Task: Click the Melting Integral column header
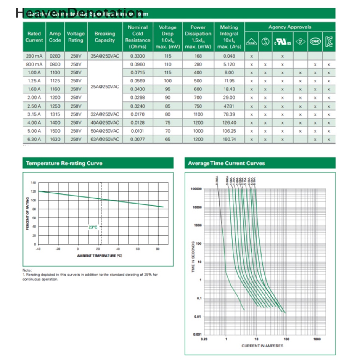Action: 229,37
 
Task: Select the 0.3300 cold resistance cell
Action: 137,56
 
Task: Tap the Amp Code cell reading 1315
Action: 54,114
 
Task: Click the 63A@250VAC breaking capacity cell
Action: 104,139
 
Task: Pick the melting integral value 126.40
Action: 229,123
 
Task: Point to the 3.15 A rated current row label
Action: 34,114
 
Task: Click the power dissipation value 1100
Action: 198,114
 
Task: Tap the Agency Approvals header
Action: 290,27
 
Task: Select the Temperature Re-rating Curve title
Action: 64,163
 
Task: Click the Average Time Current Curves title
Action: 226,163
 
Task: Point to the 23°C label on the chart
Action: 92,227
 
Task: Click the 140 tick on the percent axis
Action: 33,183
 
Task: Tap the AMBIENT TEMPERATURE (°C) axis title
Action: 99,256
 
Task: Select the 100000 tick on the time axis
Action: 196,189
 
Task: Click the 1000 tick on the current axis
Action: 317,339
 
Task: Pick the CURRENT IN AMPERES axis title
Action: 262,346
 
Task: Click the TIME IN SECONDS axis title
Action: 193,256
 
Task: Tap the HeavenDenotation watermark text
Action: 79,13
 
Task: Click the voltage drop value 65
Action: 167,139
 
